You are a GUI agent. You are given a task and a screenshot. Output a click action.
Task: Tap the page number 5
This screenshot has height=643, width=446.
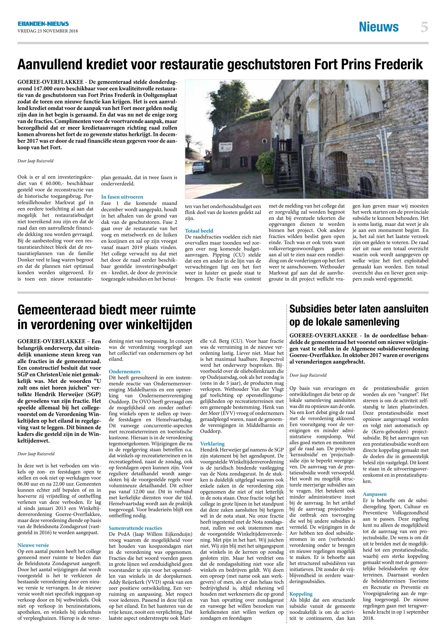pos(424,27)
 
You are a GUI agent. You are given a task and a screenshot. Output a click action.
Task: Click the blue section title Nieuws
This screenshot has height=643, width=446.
pos(379,27)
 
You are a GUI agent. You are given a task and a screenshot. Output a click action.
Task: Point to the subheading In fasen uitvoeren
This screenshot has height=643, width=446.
pos(122,197)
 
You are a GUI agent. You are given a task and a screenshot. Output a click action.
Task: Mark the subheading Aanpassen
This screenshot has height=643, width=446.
pos(374,494)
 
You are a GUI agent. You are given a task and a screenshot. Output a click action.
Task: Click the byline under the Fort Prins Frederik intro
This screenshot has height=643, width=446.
pos(35,161)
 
